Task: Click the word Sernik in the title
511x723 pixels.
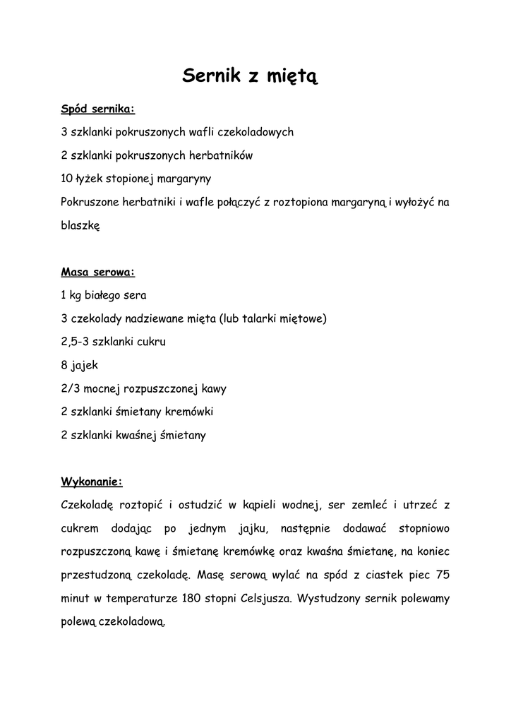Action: pyautogui.click(x=210, y=76)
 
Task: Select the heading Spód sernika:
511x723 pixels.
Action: pyautogui.click(x=97, y=109)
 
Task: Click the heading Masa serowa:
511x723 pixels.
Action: pyautogui.click(x=98, y=272)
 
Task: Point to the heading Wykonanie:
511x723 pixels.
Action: pyautogui.click(x=92, y=482)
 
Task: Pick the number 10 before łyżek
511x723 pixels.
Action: pyautogui.click(x=68, y=179)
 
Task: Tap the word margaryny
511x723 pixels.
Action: pyautogui.click(x=187, y=179)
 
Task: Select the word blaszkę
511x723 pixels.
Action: pyautogui.click(x=81, y=226)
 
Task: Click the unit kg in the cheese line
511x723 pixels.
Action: pyautogui.click(x=76, y=295)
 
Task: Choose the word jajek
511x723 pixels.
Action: pyautogui.click(x=84, y=366)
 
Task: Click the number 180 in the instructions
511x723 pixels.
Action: pyautogui.click(x=191, y=599)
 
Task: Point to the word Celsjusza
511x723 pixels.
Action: pyautogui.click(x=267, y=599)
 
